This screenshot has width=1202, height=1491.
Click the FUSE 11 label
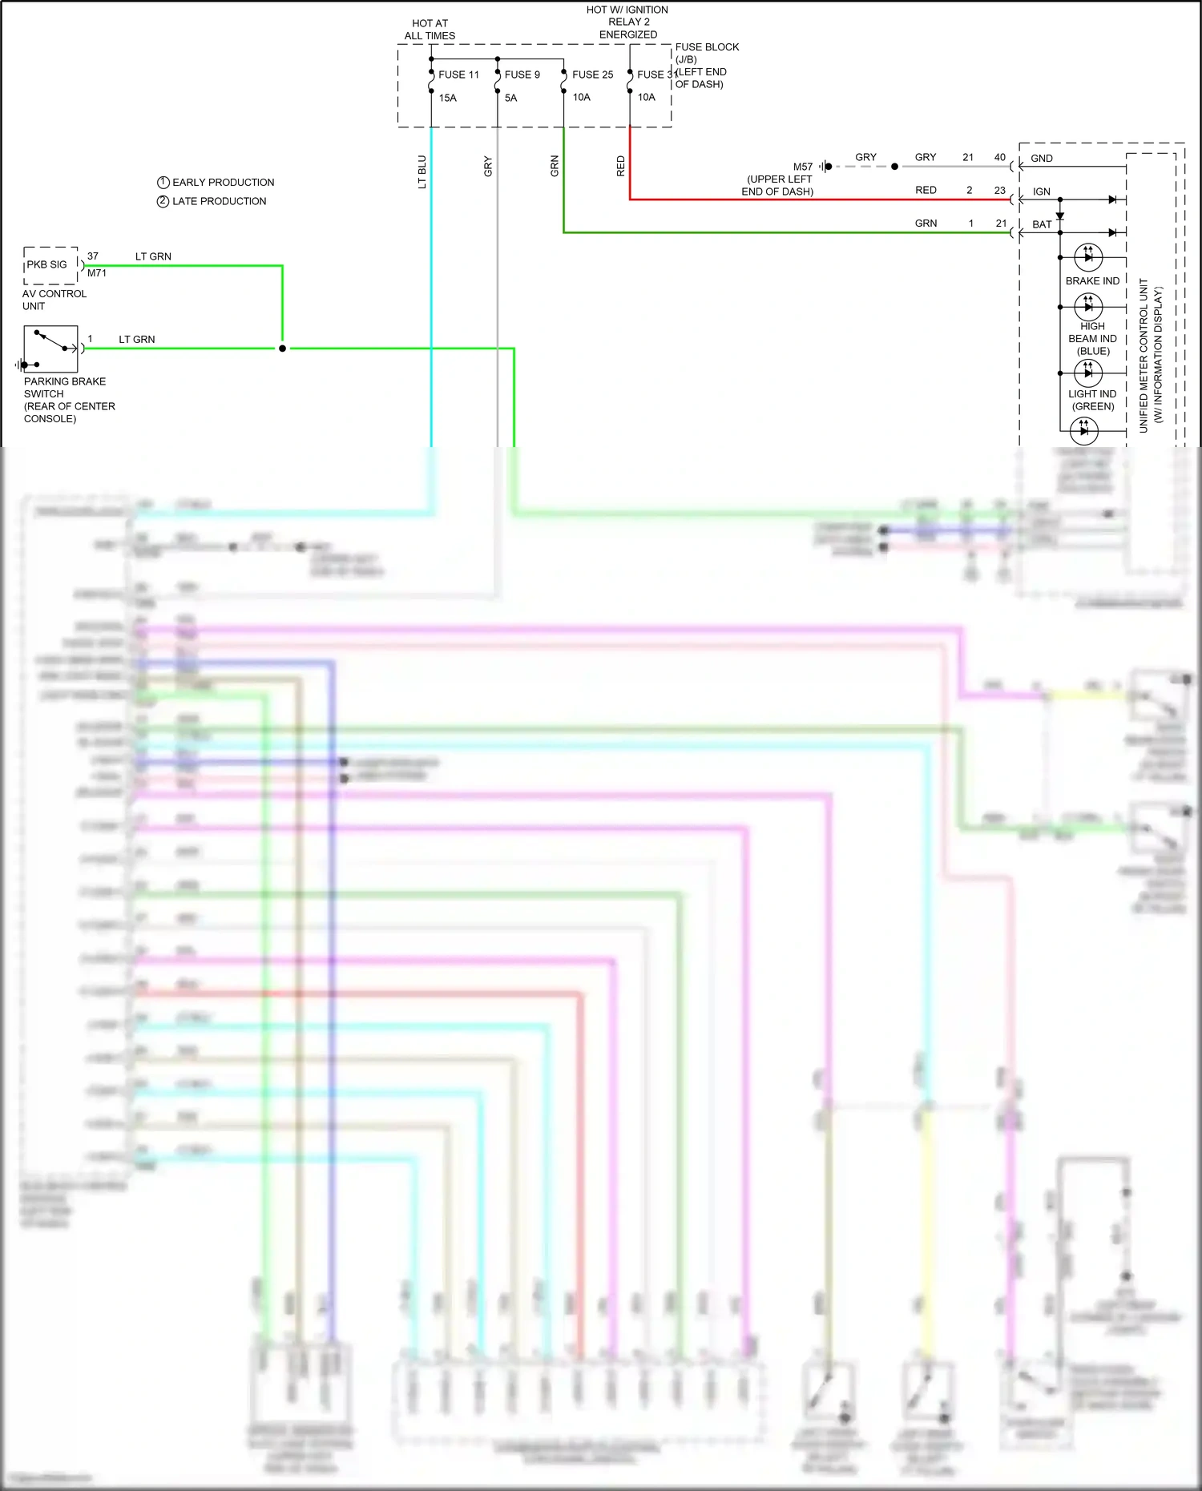click(x=458, y=75)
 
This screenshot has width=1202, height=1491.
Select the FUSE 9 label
click(x=522, y=75)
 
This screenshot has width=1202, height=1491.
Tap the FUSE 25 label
click(x=592, y=75)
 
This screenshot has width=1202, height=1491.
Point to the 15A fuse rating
click(x=447, y=98)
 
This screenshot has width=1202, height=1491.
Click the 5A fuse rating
click(x=510, y=98)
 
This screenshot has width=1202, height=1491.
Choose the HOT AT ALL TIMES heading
click(x=430, y=30)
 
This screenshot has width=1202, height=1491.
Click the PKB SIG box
click(x=48, y=265)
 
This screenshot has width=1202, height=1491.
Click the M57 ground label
click(x=802, y=167)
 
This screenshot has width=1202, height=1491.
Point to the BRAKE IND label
click(x=1092, y=281)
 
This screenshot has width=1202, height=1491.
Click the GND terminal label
click(x=1042, y=159)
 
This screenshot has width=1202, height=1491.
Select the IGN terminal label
click(x=1041, y=191)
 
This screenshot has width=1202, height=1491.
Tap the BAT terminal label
click(x=1042, y=224)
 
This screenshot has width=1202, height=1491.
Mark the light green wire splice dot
click(x=282, y=349)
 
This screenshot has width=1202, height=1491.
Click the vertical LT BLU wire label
click(x=422, y=172)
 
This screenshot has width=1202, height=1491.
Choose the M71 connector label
click(x=97, y=273)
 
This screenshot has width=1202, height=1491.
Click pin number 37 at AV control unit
click(x=93, y=256)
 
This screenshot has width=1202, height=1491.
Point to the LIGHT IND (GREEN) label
click(x=1092, y=400)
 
